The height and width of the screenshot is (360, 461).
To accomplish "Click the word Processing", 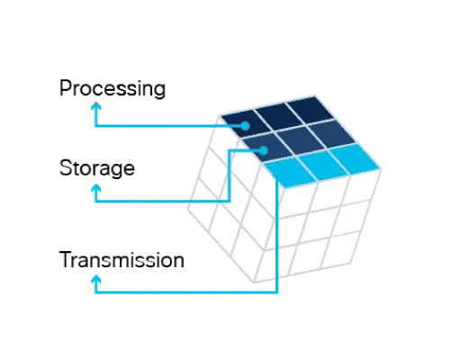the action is pyautogui.click(x=113, y=88).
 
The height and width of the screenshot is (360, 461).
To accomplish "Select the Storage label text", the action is pyautogui.click(x=97, y=168).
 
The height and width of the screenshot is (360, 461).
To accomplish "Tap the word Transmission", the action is pyautogui.click(x=122, y=260).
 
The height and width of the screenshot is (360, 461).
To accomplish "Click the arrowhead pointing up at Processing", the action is pyautogui.click(x=96, y=107).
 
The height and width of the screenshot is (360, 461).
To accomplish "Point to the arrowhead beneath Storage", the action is pyautogui.click(x=96, y=189).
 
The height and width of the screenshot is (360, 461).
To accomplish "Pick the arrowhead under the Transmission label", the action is pyautogui.click(x=96, y=280).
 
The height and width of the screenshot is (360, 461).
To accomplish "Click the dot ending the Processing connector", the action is pyautogui.click(x=246, y=126).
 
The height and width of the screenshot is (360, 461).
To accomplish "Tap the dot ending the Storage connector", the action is pyautogui.click(x=264, y=150).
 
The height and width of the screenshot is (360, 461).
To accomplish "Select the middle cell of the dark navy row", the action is pyautogui.click(x=278, y=115).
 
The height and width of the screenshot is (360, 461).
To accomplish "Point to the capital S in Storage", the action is pyautogui.click(x=66, y=167).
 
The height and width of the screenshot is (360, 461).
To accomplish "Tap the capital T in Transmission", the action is pyautogui.click(x=66, y=259).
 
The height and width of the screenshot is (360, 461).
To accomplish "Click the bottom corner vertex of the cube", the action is pyautogui.click(x=254, y=283).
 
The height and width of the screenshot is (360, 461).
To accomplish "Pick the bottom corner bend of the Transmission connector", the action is pyautogui.click(x=277, y=292).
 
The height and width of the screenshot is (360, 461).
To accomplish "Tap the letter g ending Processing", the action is pyautogui.click(x=159, y=90).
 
